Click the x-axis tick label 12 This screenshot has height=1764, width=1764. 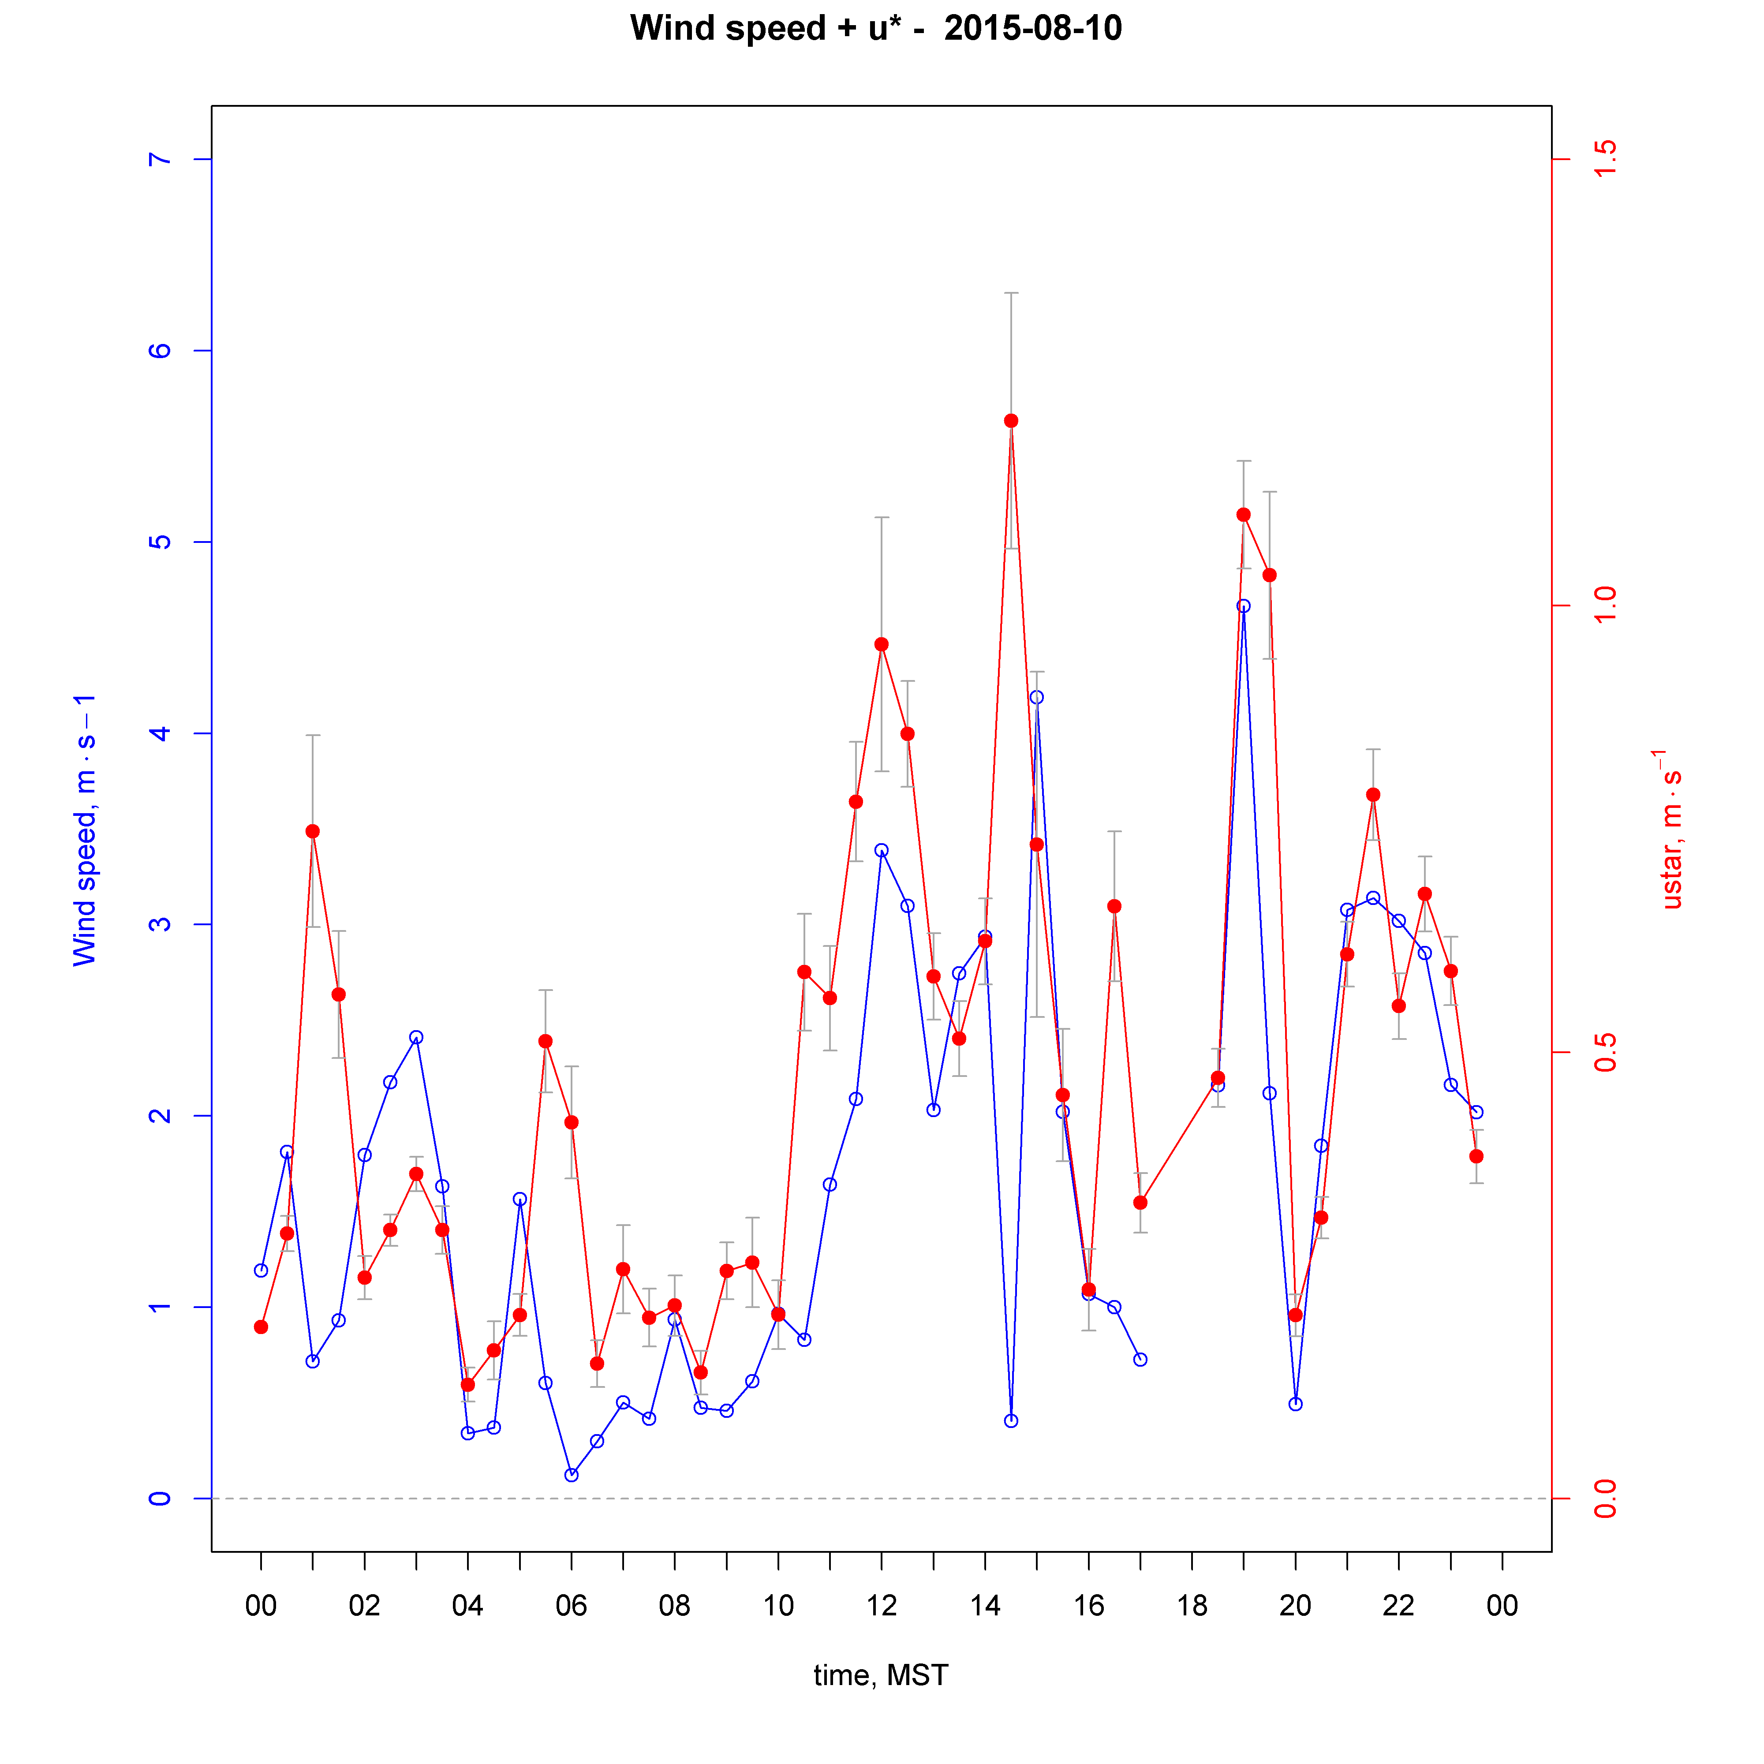click(881, 1606)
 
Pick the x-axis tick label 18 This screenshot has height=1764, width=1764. click(1192, 1606)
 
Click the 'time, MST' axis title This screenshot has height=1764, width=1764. click(881, 1675)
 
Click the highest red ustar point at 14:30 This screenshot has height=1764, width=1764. click(1011, 421)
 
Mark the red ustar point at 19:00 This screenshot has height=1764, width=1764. click(1244, 515)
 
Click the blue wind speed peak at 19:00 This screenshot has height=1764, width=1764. click(1244, 606)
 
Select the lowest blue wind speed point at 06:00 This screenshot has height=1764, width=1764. click(572, 1475)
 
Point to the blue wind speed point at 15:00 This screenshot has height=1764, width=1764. click(1036, 698)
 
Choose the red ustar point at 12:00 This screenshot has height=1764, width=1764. click(881, 645)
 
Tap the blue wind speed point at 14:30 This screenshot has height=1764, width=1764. click(1011, 1421)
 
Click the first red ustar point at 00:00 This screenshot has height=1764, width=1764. click(261, 1327)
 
